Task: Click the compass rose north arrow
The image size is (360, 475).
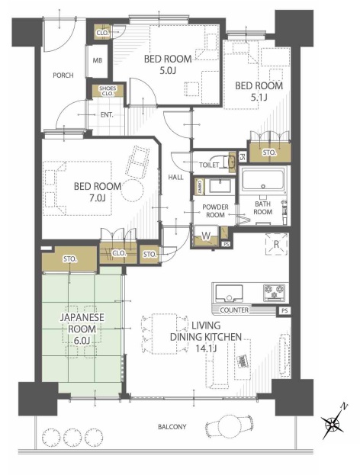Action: tap(333, 422)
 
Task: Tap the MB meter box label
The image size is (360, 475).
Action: tap(98, 60)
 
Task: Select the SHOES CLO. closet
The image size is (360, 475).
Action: tap(108, 91)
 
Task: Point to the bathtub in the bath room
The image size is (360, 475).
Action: tap(263, 181)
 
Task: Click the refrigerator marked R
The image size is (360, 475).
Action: tap(276, 244)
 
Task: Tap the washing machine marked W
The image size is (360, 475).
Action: tap(206, 236)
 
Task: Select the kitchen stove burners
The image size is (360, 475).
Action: tap(275, 293)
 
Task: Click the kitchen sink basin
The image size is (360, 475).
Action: tap(229, 294)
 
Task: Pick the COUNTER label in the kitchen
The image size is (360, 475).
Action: tap(234, 310)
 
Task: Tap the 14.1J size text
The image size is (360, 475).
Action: tap(206, 348)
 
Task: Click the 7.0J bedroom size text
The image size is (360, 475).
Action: tap(98, 198)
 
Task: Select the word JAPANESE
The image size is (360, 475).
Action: tap(82, 317)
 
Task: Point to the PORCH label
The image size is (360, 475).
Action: tap(63, 75)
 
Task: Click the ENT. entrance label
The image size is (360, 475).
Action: tap(107, 115)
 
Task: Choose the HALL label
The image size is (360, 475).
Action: tap(175, 177)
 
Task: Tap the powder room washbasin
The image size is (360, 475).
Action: tap(220, 185)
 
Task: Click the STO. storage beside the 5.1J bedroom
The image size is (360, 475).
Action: tap(269, 152)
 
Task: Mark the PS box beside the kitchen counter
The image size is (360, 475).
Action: tap(284, 310)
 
